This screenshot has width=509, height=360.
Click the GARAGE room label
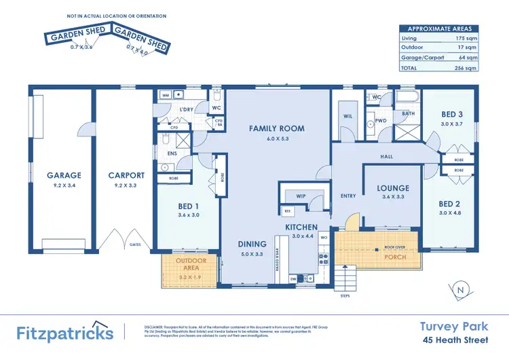click(64, 175)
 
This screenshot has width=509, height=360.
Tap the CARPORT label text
click(126, 175)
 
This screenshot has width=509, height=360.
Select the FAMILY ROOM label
click(276, 128)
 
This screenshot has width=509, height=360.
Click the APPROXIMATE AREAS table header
click(439, 29)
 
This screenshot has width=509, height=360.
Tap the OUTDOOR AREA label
click(191, 265)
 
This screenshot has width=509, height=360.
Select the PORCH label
click(395, 257)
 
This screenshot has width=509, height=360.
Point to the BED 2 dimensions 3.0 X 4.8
click(451, 213)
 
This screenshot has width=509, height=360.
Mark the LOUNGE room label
click(394, 188)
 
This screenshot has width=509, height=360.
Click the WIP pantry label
click(300, 196)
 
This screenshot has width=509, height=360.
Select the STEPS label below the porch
click(345, 296)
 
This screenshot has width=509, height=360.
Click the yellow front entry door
click(350, 221)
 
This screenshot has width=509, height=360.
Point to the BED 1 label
click(188, 206)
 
